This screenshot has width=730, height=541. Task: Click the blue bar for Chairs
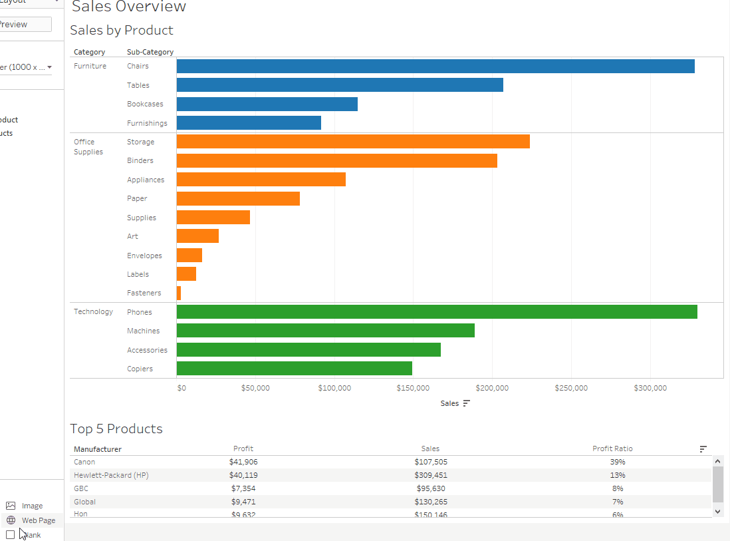tap(435, 67)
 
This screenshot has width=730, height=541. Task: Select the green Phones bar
tap(437, 312)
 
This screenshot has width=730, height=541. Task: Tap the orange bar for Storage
tap(353, 142)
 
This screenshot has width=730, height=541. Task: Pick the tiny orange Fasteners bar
tap(179, 293)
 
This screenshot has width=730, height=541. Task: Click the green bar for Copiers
tap(295, 369)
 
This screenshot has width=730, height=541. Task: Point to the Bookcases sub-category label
tap(145, 104)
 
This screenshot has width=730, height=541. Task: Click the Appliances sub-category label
tap(146, 180)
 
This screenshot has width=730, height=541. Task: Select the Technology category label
tap(93, 312)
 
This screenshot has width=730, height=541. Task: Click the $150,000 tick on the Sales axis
tap(413, 389)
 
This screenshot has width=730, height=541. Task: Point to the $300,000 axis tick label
tap(650, 389)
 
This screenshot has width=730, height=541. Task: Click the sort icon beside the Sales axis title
tap(466, 403)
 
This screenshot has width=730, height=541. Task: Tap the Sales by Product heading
tap(122, 31)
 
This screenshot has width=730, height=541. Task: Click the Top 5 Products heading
tap(116, 429)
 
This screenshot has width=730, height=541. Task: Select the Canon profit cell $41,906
tap(243, 462)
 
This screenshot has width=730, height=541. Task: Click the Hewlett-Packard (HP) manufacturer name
tap(111, 475)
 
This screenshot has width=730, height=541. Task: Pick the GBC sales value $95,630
tap(430, 488)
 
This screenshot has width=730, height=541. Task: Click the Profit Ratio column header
tap(612, 449)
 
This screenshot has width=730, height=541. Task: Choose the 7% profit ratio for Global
tap(618, 502)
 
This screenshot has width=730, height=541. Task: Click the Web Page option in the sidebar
tap(39, 520)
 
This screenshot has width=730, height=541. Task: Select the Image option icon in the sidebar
tap(11, 506)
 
